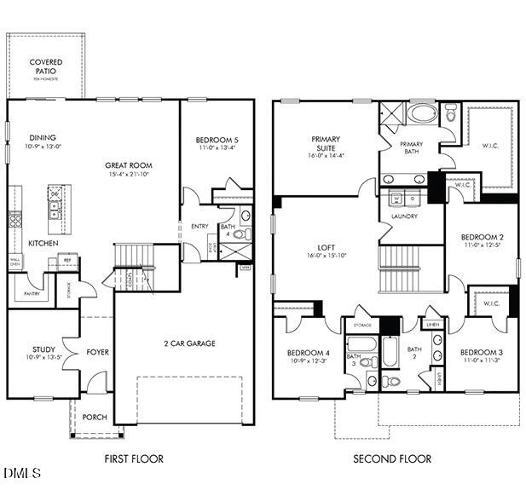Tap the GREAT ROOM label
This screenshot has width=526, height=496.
129,165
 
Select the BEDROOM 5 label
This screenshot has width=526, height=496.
217,140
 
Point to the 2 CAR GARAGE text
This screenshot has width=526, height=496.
189,343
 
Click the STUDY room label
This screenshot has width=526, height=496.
44,349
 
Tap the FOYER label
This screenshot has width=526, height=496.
97,352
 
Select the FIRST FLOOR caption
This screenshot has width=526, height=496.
134,459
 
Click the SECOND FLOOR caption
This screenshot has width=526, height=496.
394,459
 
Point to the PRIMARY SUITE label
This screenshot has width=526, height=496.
326,143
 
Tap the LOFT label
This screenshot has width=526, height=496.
326,247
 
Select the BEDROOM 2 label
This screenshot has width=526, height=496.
483,237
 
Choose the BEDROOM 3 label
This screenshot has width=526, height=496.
481,352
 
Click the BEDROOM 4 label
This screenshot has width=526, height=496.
308,352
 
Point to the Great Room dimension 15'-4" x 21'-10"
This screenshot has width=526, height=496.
129,175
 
